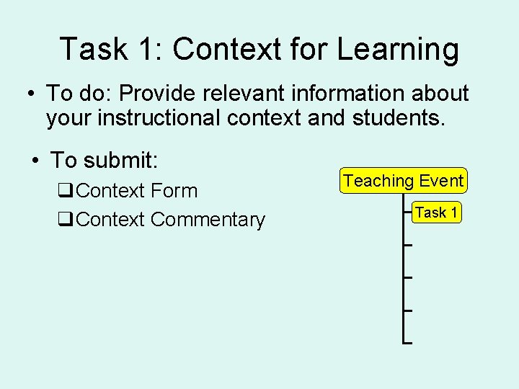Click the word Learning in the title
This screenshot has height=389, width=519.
tap(398, 50)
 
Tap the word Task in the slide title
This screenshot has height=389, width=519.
tap(86, 49)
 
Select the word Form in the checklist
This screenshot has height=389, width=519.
tap(175, 191)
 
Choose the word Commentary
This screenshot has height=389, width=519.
tap(208, 220)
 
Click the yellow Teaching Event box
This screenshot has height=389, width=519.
tap(404, 181)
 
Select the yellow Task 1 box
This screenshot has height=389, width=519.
tap(437, 213)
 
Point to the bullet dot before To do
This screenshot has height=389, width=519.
tap(31, 94)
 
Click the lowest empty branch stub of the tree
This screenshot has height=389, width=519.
tap(407, 342)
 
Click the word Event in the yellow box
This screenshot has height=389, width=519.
tap(440, 181)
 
